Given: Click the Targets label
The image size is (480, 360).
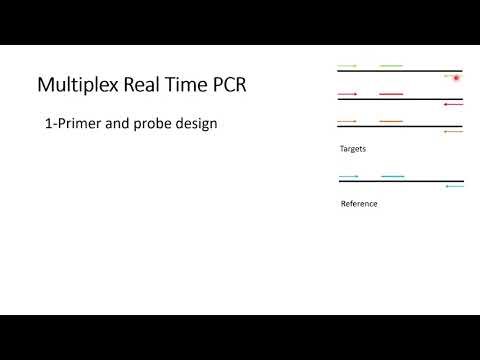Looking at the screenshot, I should click(x=352, y=148).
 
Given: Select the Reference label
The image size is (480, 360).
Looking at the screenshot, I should click(x=359, y=204).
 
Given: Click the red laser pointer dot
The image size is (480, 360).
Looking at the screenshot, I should click(x=457, y=77).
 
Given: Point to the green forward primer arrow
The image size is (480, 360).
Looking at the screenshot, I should click(x=347, y=66).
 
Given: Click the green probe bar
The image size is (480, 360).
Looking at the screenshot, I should click(x=391, y=66).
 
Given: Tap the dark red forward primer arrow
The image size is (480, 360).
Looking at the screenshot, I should click(x=347, y=94).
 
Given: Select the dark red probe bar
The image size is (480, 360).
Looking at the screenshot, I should click(x=391, y=94).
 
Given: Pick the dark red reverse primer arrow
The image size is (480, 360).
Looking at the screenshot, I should click(x=453, y=103).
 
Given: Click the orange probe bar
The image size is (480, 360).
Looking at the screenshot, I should click(x=391, y=121).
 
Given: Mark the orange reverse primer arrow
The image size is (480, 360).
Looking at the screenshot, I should click(x=453, y=131).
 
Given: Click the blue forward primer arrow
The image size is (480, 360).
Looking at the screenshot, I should click(x=348, y=177).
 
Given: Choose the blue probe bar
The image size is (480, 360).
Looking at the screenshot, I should click(x=392, y=177).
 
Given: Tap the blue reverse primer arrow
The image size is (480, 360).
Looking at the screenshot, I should click(x=454, y=186).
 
